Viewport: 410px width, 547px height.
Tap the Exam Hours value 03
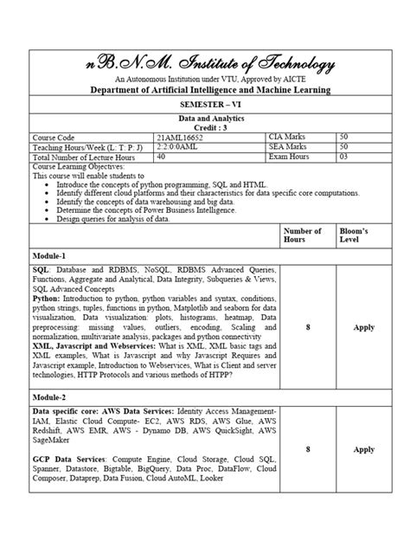pos(343,158)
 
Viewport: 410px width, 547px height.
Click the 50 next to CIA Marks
pos(343,137)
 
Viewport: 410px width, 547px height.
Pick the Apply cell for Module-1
pos(363,328)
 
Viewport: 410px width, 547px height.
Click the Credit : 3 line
pos(204,127)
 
